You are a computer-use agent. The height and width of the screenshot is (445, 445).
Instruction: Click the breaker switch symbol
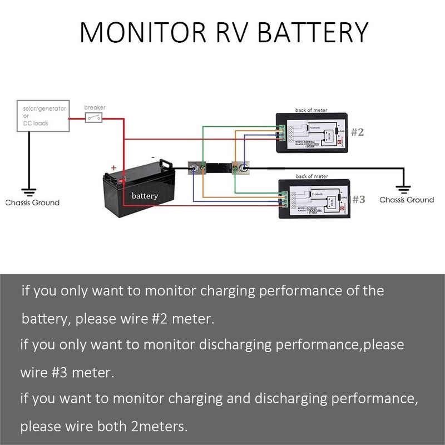[x=93, y=117]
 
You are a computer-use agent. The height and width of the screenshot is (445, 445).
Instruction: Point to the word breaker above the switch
[x=95, y=107]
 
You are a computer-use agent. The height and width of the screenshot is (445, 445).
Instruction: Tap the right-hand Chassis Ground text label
[x=406, y=200]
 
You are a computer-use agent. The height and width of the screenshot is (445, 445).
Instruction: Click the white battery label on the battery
[x=145, y=196]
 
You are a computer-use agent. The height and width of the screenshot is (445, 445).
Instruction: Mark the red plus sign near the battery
[x=113, y=167]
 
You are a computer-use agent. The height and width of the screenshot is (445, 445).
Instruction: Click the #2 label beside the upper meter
[x=357, y=132]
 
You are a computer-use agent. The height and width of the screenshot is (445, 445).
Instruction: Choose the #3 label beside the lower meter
[x=358, y=199]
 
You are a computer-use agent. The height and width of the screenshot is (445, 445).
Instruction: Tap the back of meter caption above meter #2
[x=311, y=111]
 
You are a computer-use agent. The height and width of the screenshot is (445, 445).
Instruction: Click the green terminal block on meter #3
[x=283, y=199]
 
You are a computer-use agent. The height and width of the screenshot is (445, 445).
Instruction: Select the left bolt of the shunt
[x=195, y=167]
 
